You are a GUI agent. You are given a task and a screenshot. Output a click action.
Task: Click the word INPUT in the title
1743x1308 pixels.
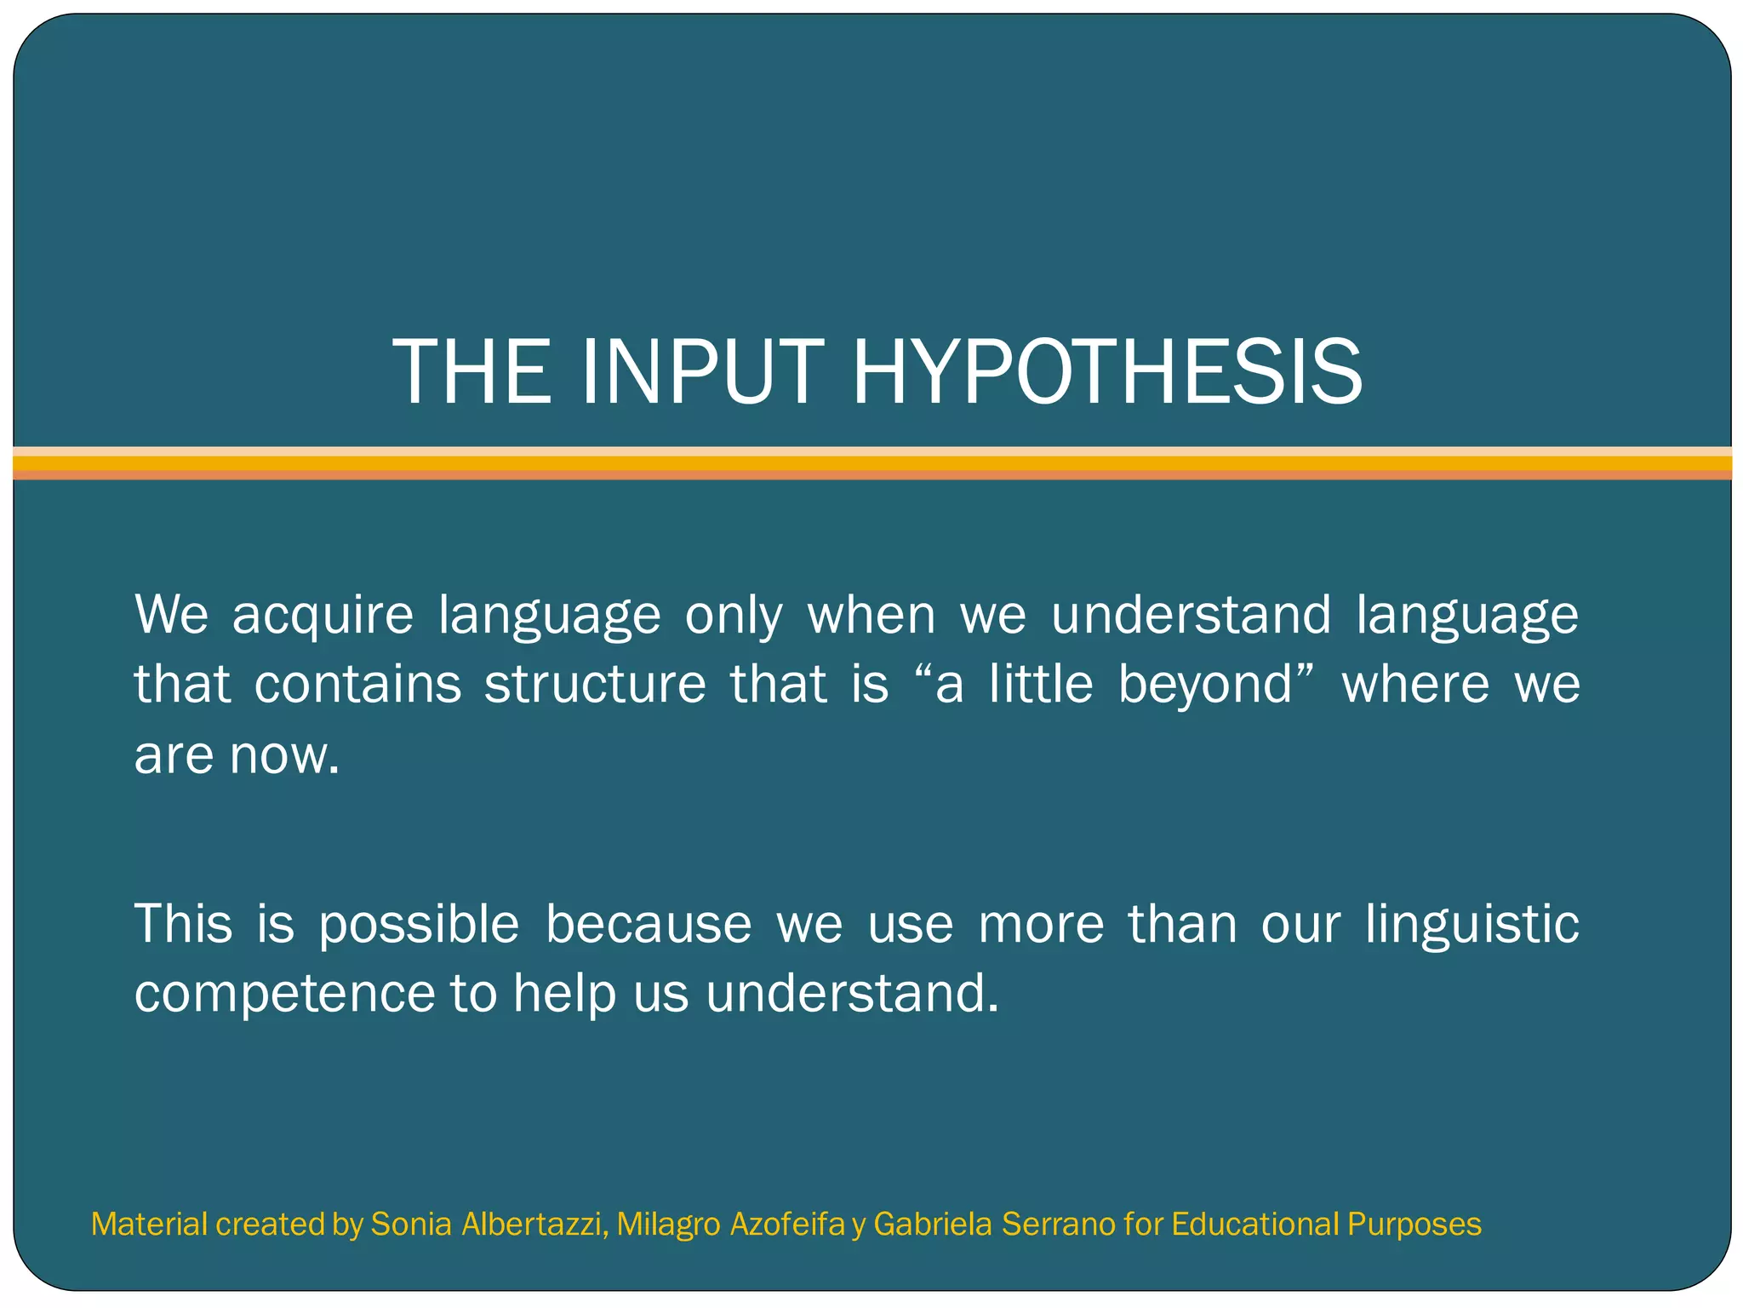click(702, 371)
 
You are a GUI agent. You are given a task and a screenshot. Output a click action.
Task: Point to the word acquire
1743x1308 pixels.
click(323, 616)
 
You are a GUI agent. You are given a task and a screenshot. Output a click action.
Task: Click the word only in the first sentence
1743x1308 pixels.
click(733, 616)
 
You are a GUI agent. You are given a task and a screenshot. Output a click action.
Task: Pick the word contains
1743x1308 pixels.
click(357, 684)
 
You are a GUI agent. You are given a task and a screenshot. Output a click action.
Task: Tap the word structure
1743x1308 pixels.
click(595, 684)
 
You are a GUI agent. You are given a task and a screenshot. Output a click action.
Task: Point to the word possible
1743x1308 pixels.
click(419, 925)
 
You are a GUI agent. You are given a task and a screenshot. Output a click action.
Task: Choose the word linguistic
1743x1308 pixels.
click(1472, 925)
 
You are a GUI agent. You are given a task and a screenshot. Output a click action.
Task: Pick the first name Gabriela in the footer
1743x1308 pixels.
click(933, 1225)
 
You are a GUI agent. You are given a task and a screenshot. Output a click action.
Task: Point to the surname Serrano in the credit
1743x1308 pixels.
click(1058, 1225)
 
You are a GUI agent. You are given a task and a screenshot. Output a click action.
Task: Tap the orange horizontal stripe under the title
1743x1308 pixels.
click(871, 464)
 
